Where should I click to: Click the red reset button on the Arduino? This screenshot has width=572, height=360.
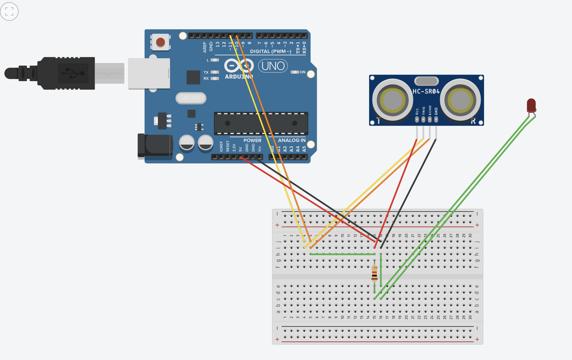(160, 43)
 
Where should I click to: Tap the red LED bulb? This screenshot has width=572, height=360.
(531, 105)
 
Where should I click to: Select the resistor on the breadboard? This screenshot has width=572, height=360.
(374, 273)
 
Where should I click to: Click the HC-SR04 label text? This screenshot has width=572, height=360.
(426, 91)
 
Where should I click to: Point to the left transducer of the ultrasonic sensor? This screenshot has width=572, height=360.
(392, 100)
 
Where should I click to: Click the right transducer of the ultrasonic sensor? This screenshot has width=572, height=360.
(460, 100)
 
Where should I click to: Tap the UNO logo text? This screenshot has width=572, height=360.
(273, 66)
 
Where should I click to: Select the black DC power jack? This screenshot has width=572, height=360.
(155, 145)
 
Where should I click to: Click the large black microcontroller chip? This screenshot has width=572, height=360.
(261, 123)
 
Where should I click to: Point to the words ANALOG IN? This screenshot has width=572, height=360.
(291, 140)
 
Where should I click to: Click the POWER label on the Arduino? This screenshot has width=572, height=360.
(252, 140)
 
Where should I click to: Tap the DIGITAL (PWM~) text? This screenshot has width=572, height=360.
(270, 51)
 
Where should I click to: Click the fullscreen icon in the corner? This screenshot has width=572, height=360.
(9, 12)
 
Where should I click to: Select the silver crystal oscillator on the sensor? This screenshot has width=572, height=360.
(426, 81)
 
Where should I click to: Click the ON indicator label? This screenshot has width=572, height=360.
(302, 72)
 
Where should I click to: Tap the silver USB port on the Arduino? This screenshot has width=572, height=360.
(149, 73)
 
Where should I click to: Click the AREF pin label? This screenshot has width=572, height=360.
(205, 47)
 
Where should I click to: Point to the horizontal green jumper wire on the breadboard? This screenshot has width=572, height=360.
(342, 254)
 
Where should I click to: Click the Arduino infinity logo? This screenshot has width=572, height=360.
(239, 66)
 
